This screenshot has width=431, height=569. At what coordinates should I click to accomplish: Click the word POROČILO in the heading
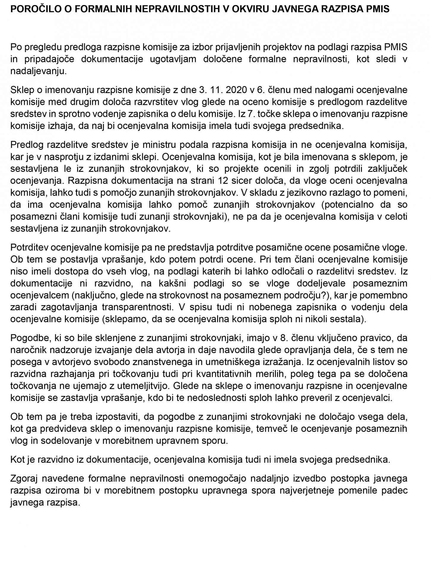tap(32, 9)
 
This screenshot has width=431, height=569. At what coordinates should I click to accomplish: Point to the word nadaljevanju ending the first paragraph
tap(39, 71)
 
